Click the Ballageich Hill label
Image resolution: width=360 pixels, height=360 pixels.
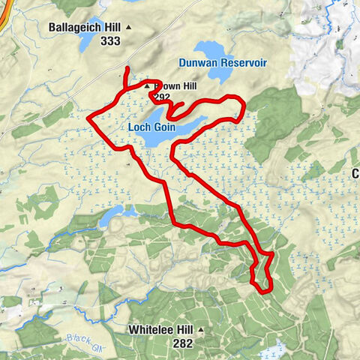85,27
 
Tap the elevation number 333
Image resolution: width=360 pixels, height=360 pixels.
109,41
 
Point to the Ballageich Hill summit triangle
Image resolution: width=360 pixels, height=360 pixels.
128,28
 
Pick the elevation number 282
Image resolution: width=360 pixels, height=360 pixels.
182,343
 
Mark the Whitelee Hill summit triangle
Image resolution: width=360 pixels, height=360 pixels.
201,330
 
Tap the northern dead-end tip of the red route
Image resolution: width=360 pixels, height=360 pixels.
126,70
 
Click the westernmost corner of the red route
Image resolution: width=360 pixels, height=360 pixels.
89,118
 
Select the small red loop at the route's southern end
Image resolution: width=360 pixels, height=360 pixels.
261,276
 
